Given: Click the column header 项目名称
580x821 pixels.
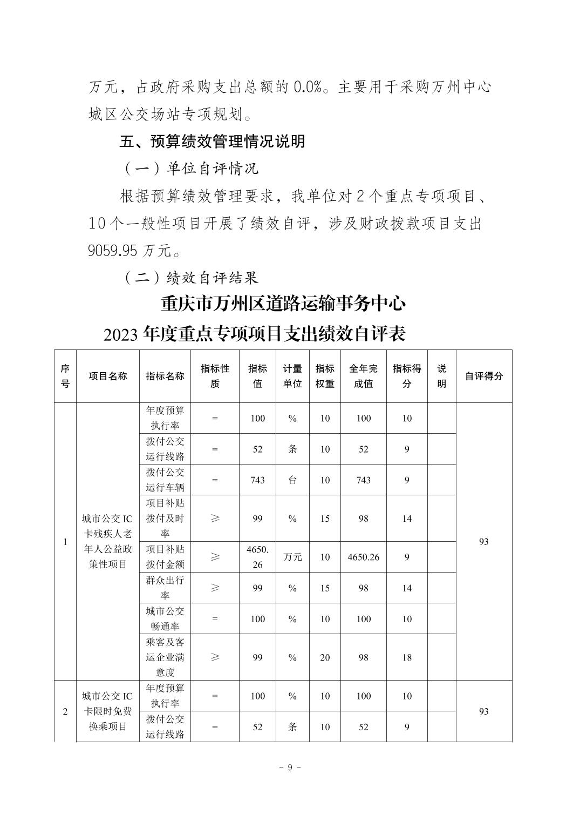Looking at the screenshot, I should [x=108, y=376].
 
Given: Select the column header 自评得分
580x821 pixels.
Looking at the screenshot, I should [x=483, y=376].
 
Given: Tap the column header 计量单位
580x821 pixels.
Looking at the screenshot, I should [x=292, y=376].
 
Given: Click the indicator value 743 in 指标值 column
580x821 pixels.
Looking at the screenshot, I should [x=257, y=480].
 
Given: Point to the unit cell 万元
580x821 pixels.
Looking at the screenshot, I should [x=292, y=557].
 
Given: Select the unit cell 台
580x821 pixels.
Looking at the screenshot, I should [x=292, y=480].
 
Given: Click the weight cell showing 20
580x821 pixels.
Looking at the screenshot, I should [x=325, y=657].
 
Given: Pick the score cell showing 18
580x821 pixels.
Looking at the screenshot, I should [x=407, y=657].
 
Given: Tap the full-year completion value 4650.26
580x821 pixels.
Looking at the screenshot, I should [x=363, y=557].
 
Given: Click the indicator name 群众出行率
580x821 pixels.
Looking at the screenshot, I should [x=165, y=588].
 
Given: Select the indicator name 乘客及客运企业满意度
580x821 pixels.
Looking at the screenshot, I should [x=165, y=657].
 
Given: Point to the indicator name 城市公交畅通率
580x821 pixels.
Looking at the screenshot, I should [x=165, y=619].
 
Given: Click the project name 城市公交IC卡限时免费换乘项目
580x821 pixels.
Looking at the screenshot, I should [x=107, y=711].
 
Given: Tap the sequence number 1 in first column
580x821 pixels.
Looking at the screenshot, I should [x=65, y=542].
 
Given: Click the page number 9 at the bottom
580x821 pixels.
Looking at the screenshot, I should [x=290, y=768].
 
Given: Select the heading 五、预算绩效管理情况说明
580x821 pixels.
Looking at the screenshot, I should [x=212, y=142].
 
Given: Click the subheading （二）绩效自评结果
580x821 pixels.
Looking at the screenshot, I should [x=192, y=278].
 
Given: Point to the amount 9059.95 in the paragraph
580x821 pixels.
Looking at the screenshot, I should [x=113, y=251].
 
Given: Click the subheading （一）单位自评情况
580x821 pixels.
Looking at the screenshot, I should [x=192, y=169].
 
